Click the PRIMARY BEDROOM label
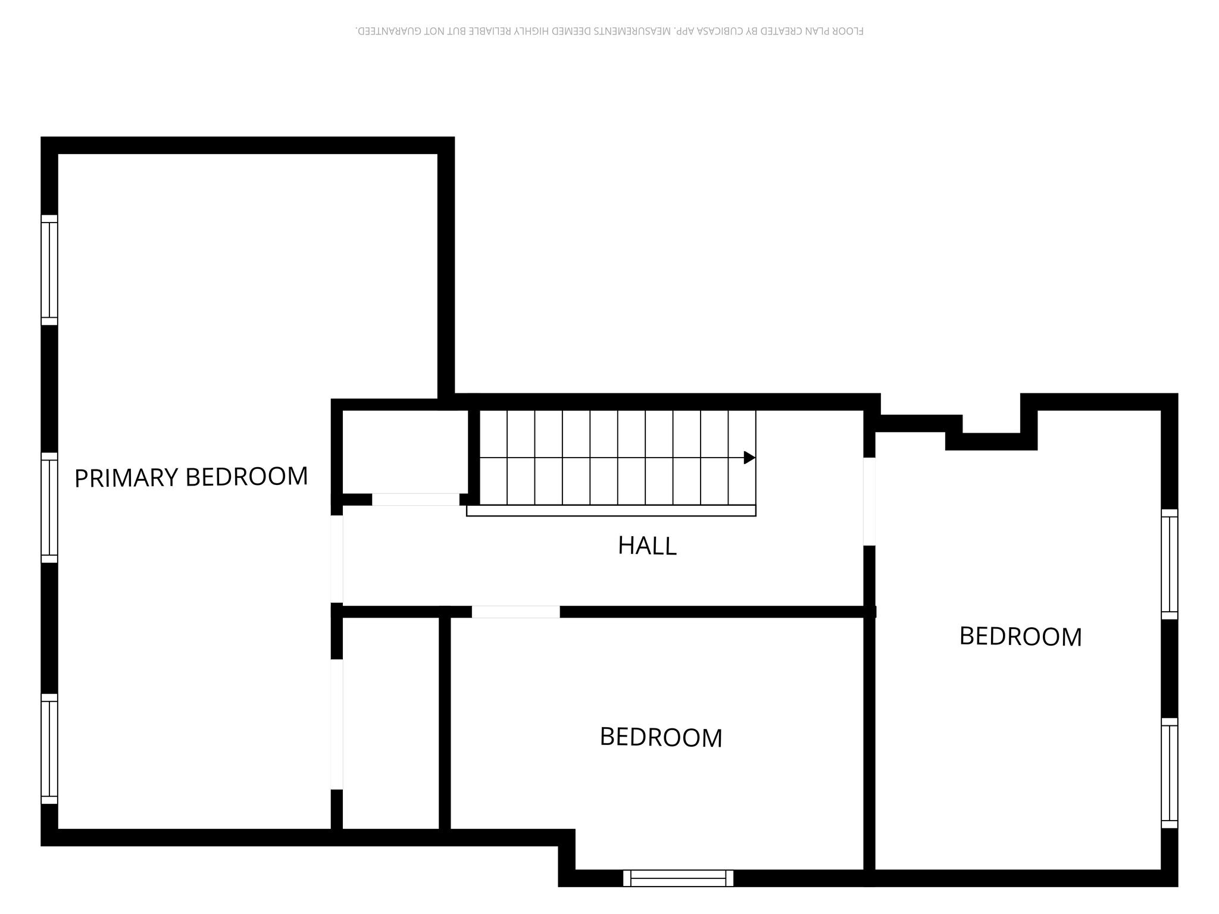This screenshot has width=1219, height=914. point(191,477)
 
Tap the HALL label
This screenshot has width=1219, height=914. point(647,546)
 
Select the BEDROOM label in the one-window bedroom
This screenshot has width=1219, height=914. point(661,737)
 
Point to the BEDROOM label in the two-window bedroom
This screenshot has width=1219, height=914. point(1020,637)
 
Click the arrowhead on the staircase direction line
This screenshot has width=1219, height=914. point(750,458)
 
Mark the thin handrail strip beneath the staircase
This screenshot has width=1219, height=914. point(611,511)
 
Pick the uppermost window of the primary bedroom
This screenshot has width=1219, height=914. point(49,270)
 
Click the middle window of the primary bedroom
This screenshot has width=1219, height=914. point(49,508)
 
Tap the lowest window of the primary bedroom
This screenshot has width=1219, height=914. point(49,749)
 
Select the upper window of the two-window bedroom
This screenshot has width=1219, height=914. point(1170,564)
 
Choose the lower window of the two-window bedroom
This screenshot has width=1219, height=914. point(1170,773)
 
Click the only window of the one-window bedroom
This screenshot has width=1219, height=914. point(679,878)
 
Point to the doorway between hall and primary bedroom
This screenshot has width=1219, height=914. point(337,559)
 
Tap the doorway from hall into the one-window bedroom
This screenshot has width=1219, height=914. point(516,612)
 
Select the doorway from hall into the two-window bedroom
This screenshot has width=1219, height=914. point(870,502)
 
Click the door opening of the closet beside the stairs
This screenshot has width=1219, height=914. point(416,499)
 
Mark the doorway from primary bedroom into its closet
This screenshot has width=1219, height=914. point(337,724)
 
